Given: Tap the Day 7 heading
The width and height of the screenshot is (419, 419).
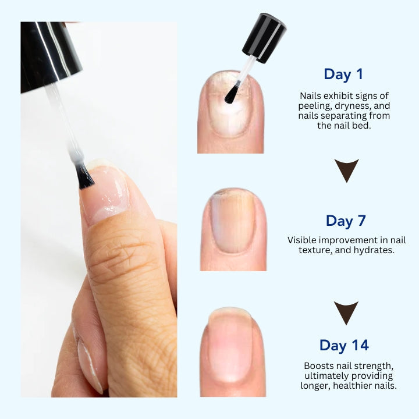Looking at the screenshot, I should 347,221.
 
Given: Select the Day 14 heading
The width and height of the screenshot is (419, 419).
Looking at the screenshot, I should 344,345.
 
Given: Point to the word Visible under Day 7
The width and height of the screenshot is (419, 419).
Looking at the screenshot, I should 303,240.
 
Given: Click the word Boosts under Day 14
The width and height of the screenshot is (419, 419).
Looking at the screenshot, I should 319,365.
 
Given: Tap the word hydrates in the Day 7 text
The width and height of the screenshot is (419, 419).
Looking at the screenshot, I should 375,250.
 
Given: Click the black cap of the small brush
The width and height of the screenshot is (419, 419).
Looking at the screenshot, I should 265,37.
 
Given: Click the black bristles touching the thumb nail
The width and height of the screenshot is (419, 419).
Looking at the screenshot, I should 85,176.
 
